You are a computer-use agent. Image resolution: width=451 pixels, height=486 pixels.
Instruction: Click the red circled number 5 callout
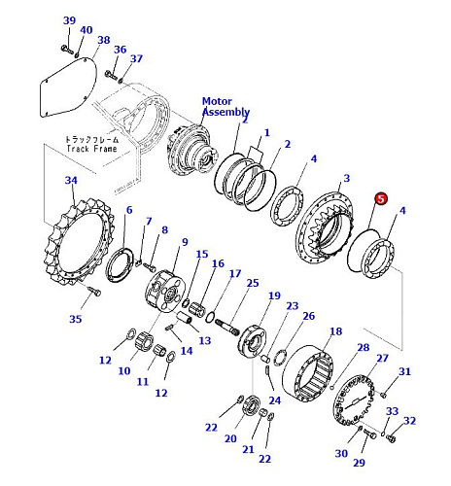tap(381, 199)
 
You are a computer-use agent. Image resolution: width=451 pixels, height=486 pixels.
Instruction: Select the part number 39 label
tap(69, 20)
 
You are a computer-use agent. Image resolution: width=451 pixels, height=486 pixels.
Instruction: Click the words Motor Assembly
tap(225, 107)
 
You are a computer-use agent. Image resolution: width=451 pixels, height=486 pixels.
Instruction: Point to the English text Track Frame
tap(91, 149)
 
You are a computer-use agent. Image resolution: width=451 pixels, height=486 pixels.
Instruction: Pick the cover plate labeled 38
tap(68, 87)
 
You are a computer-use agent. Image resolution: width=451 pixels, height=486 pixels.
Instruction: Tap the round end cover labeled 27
tap(354, 400)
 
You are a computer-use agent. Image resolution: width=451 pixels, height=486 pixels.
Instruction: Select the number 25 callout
tap(253, 283)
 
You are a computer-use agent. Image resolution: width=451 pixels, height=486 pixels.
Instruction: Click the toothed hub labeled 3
tap(325, 227)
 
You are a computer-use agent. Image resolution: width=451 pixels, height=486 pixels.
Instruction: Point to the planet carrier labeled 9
tap(164, 291)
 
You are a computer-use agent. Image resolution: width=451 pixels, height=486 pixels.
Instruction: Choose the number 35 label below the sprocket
tap(76, 319)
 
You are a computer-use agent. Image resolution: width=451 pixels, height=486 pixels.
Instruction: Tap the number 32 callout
tap(409, 421)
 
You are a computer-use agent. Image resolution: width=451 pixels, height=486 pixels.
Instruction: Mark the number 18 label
tap(336, 331)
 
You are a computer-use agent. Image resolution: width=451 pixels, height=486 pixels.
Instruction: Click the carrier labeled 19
tap(253, 341)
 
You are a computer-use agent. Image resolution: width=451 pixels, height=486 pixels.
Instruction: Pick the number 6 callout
tap(129, 210)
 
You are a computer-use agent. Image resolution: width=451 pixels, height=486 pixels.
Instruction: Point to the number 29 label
tap(359, 463)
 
